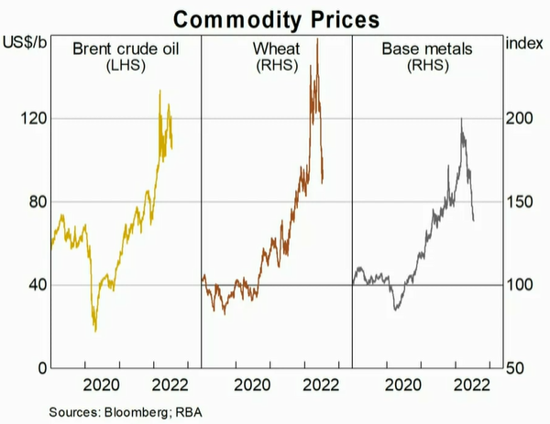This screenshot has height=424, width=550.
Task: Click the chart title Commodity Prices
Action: [275, 16]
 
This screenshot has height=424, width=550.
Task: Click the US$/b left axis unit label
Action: [25, 43]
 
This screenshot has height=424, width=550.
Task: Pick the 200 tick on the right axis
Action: [520, 119]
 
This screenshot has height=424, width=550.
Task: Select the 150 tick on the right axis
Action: [520, 202]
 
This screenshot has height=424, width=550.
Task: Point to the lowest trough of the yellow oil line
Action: [95, 331]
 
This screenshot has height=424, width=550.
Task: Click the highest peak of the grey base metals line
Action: [461, 119]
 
